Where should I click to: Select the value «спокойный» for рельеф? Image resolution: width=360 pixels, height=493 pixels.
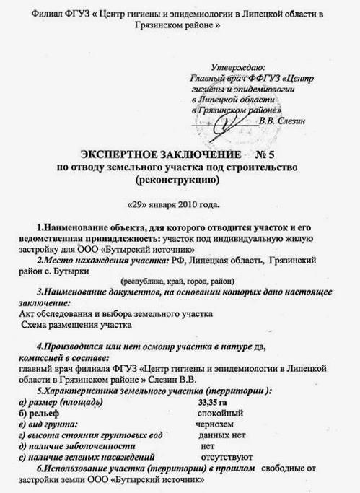tap(221, 413)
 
